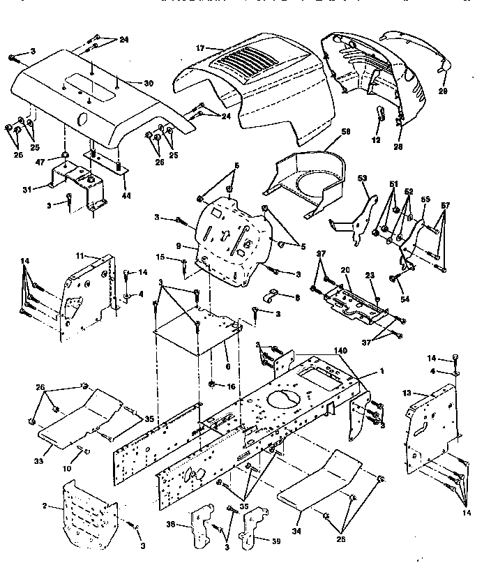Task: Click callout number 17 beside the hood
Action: (x=199, y=48)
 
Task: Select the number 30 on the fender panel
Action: (x=148, y=83)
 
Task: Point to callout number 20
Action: (x=344, y=270)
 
